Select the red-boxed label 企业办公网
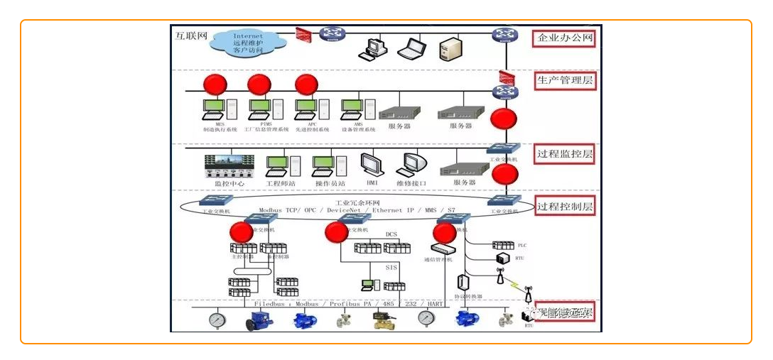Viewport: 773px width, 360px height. click(565, 38)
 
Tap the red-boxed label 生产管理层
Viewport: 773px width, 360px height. click(565, 80)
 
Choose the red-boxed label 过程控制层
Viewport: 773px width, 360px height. click(565, 207)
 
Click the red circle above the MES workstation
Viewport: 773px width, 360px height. click(215, 85)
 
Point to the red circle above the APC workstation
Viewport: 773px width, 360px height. click(306, 85)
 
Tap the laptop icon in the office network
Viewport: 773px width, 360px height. click(411, 49)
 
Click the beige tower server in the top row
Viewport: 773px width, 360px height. click(451, 50)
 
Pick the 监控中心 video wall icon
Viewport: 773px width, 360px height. click(229, 165)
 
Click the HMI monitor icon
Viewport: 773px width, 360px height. click(372, 165)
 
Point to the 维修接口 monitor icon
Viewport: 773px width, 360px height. click(411, 165)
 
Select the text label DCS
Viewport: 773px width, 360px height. click(391, 234)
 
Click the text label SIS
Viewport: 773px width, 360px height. click(391, 268)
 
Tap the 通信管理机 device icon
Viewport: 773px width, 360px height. click(444, 249)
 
